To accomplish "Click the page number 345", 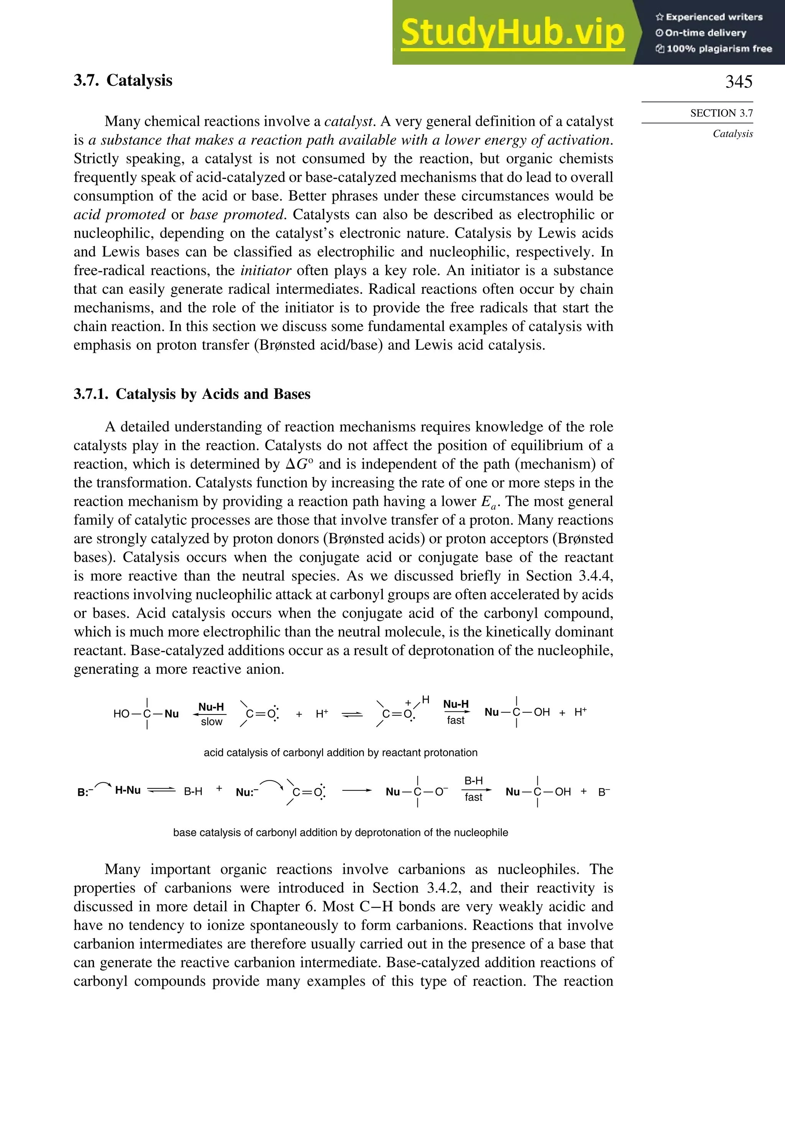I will [x=738, y=82].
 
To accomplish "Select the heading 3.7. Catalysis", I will [x=123, y=80].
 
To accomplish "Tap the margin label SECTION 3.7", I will [x=721, y=113].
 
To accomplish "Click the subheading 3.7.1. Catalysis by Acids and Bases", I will [x=192, y=394].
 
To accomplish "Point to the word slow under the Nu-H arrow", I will [x=212, y=722].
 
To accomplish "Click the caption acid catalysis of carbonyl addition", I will [x=340, y=752].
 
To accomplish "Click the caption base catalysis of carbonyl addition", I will [x=340, y=833].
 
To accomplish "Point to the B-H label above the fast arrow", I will [x=473, y=781].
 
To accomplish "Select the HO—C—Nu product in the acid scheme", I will [x=146, y=714].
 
